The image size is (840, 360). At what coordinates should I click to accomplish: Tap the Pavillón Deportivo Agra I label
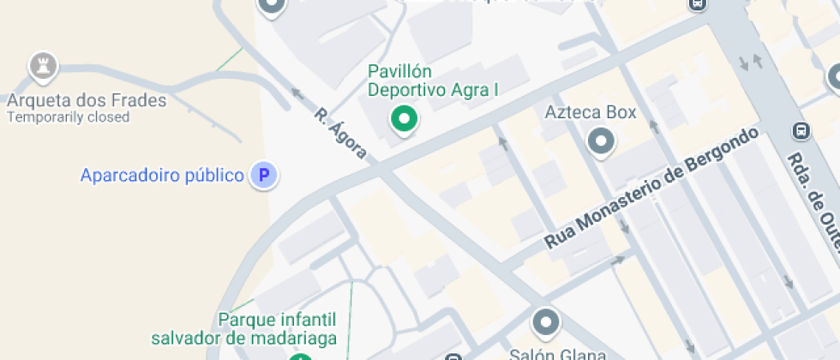point(433,80)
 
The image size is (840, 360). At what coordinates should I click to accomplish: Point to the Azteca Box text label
point(591,112)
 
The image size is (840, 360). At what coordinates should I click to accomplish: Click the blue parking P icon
point(264,176)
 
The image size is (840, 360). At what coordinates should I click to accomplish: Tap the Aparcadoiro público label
point(162,176)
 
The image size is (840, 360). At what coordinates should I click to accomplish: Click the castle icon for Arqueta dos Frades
point(42,65)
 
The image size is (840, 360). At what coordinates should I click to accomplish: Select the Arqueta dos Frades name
point(86,100)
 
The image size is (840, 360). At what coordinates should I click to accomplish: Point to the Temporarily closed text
point(68,117)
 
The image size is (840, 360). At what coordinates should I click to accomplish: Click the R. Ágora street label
point(340,134)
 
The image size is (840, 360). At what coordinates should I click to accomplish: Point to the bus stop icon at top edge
point(698,4)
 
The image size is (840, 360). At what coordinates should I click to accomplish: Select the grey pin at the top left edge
point(272,6)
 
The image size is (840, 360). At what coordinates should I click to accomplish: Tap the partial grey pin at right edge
point(835,79)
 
